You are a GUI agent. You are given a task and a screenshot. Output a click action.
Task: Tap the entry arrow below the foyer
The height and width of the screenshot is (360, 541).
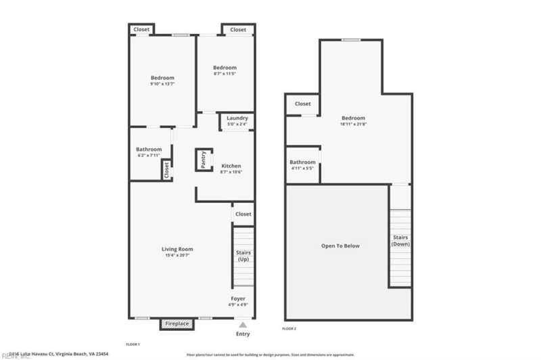click(x=243, y=325)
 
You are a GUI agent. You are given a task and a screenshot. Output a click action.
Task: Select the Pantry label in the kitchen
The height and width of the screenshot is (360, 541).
click(x=203, y=160)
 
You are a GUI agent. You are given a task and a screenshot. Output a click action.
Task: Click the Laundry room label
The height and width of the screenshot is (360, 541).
click(x=237, y=118)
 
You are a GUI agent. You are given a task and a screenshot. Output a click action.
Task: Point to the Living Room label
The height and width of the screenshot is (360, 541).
click(x=177, y=249)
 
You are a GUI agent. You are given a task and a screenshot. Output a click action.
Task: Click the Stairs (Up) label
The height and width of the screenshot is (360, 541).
click(x=243, y=256)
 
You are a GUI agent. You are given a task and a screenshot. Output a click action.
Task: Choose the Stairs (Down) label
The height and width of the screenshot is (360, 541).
click(x=400, y=240)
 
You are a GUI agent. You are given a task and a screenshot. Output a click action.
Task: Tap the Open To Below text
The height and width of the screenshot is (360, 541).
click(x=340, y=246)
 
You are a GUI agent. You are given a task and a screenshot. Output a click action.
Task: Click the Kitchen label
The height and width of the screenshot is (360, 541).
click(x=231, y=166)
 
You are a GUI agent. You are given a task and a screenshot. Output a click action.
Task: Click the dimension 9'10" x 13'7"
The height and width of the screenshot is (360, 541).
click(x=162, y=84)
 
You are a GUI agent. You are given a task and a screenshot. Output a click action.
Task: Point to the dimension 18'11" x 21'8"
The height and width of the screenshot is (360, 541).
click(x=353, y=124)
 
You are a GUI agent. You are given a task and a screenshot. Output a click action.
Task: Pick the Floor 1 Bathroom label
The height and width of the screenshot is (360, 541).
click(x=149, y=150)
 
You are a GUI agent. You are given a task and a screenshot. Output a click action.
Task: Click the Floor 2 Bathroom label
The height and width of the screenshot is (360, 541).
click(x=302, y=162)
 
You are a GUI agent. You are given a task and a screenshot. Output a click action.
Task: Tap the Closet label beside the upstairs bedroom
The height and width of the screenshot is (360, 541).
click(x=302, y=104)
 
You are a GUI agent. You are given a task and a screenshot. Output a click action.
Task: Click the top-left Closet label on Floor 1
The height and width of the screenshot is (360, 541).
click(x=141, y=29)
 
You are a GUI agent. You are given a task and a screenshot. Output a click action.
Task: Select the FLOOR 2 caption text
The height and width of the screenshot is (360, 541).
click(x=289, y=329)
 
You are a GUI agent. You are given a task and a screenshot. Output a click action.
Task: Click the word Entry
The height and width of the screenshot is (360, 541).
click(x=243, y=334)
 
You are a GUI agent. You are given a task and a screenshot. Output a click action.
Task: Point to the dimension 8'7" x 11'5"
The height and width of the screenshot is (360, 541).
click(x=225, y=73)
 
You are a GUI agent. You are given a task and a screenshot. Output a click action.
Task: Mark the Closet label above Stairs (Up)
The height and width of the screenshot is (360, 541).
click(x=243, y=214)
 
